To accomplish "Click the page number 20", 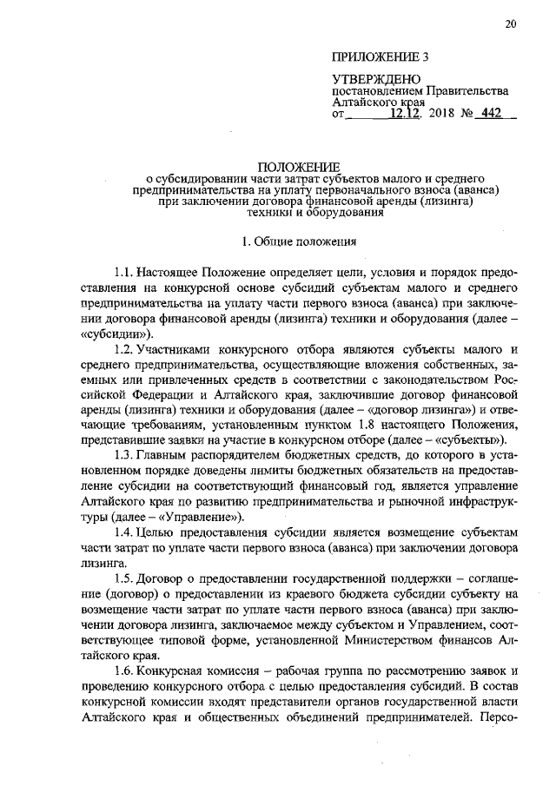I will (509, 24).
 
